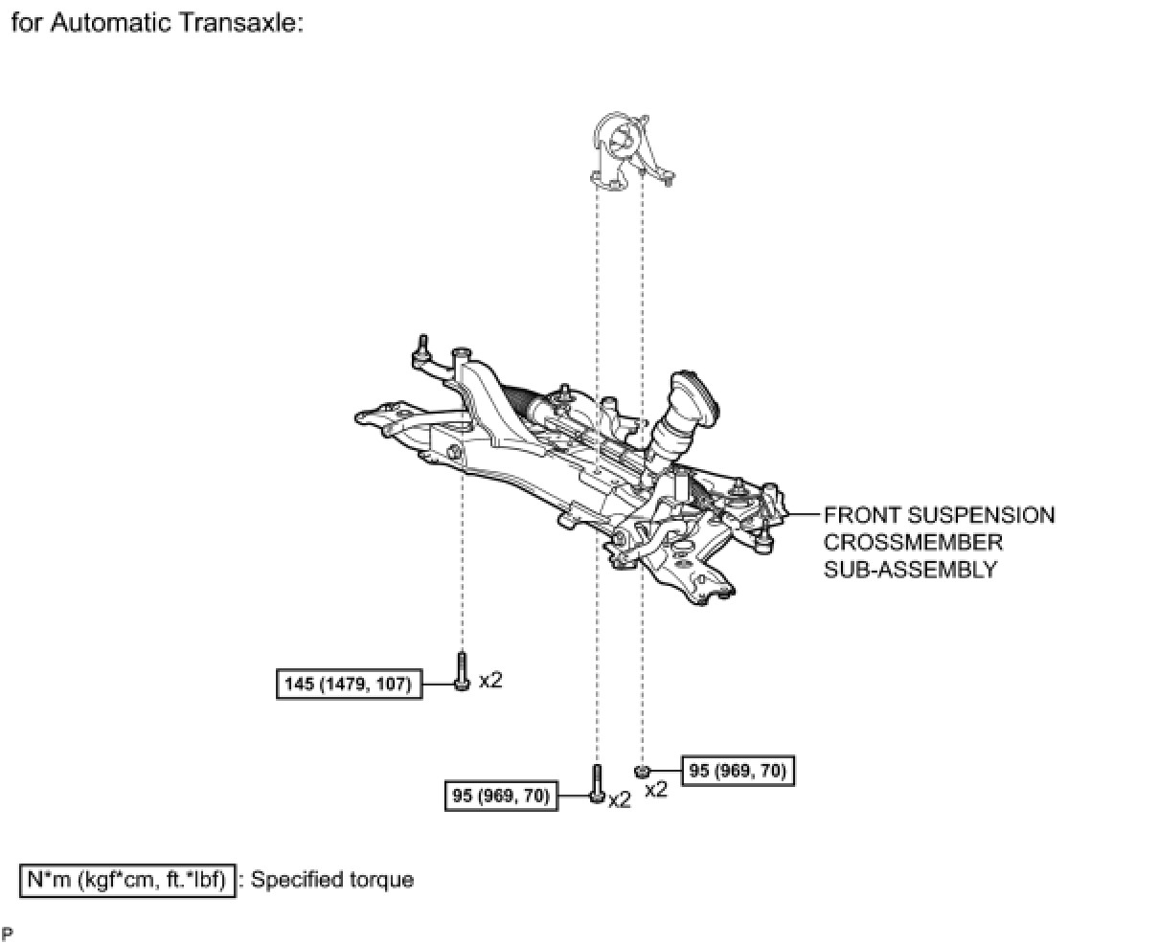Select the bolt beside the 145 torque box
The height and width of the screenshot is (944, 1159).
coord(462,671)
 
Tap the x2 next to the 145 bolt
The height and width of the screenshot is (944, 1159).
coord(490,680)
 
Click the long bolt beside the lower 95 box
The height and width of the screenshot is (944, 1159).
coord(597,782)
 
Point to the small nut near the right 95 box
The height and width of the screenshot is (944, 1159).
coord(643,770)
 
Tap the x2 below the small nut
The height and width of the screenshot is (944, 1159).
coord(655,790)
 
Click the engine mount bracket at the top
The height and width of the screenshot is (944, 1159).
coord(627,151)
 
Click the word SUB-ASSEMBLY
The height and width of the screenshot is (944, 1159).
coord(910,569)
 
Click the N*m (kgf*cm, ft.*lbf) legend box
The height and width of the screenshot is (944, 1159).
coord(127,879)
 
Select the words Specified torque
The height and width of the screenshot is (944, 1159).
coord(332,879)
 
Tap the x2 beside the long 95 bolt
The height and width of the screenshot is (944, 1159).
coord(620,799)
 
